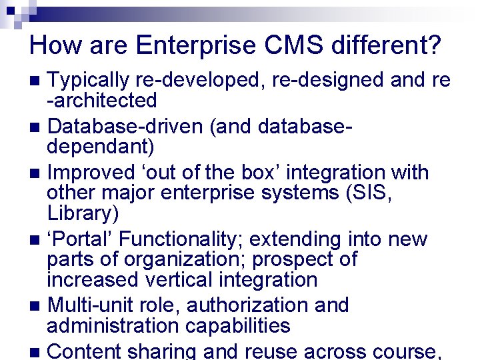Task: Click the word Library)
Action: (83, 213)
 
